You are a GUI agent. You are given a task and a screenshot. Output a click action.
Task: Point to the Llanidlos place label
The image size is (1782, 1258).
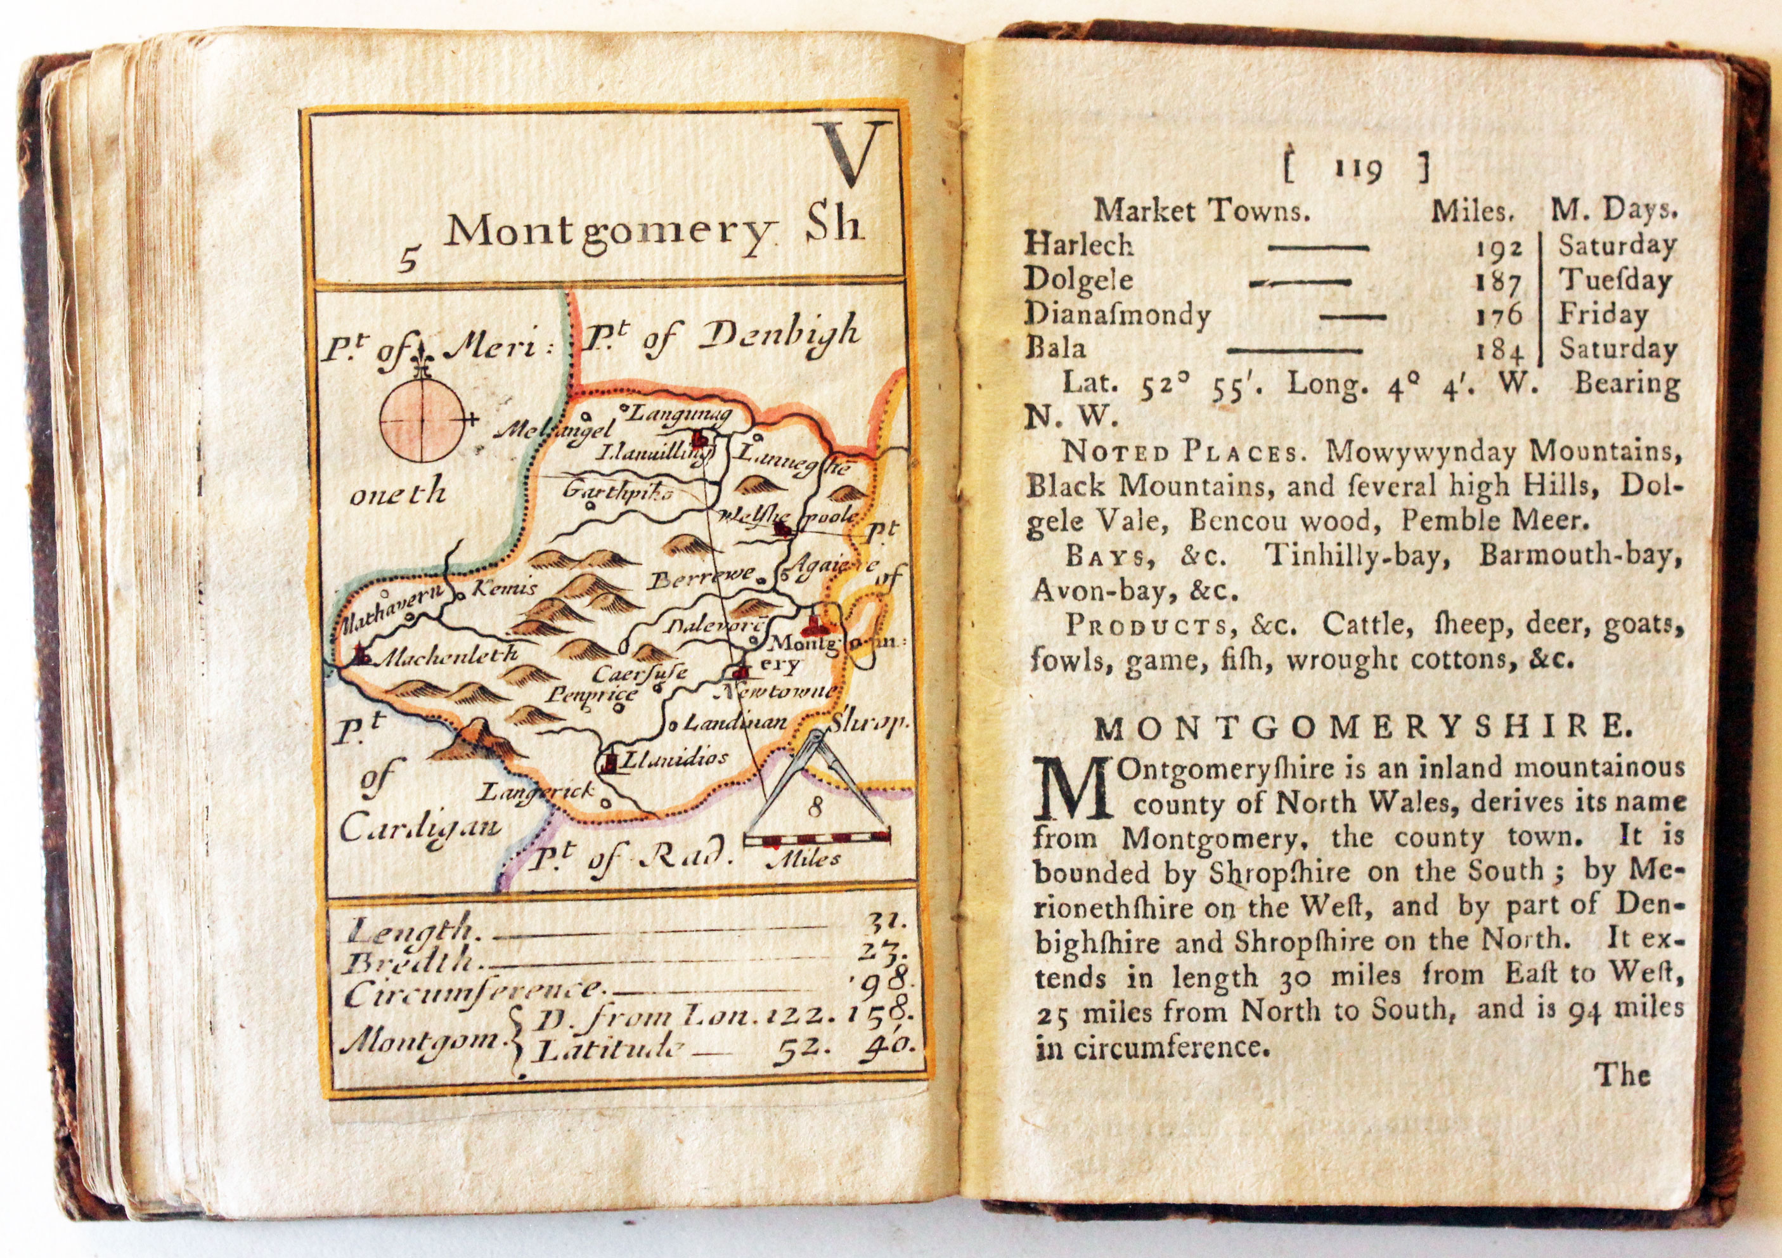(x=678, y=758)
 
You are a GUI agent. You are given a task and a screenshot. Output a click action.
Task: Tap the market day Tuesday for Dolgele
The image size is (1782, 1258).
(x=1615, y=280)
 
